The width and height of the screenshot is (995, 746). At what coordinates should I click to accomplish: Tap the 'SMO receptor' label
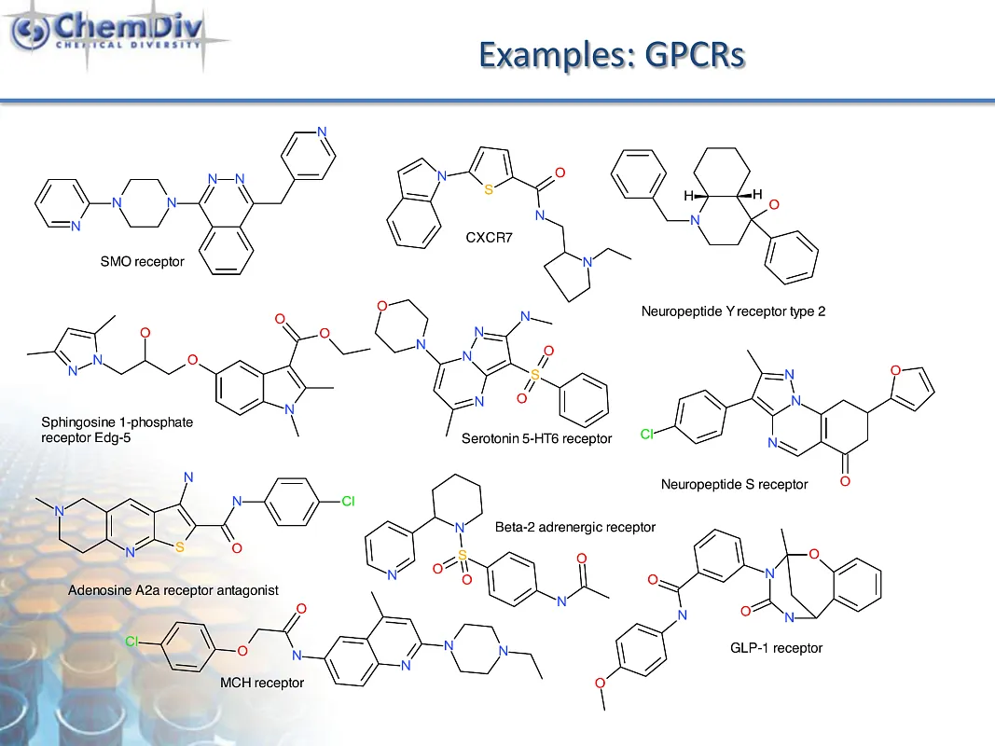point(142,262)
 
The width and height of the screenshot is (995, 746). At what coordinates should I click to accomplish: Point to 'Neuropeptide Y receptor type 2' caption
point(733,311)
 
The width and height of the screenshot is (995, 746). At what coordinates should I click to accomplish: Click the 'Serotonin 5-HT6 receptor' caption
point(537,437)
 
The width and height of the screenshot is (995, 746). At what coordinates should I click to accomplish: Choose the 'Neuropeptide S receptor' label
point(734,484)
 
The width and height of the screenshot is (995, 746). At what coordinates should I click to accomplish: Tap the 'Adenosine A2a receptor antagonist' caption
point(173,590)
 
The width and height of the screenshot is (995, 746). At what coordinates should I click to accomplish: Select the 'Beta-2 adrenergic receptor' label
point(574,527)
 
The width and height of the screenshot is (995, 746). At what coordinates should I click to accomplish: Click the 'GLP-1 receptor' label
point(776,647)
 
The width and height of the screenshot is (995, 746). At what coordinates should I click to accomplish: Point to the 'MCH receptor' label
point(262,683)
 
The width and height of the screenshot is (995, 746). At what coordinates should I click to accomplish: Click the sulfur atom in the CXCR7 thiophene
point(490,190)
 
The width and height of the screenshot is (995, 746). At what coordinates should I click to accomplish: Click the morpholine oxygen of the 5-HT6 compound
point(380,306)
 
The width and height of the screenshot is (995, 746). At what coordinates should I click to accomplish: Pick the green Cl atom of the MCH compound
point(133,642)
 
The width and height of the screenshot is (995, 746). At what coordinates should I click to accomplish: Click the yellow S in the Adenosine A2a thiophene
point(179,548)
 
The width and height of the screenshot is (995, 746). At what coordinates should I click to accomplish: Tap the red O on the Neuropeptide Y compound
point(774,204)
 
